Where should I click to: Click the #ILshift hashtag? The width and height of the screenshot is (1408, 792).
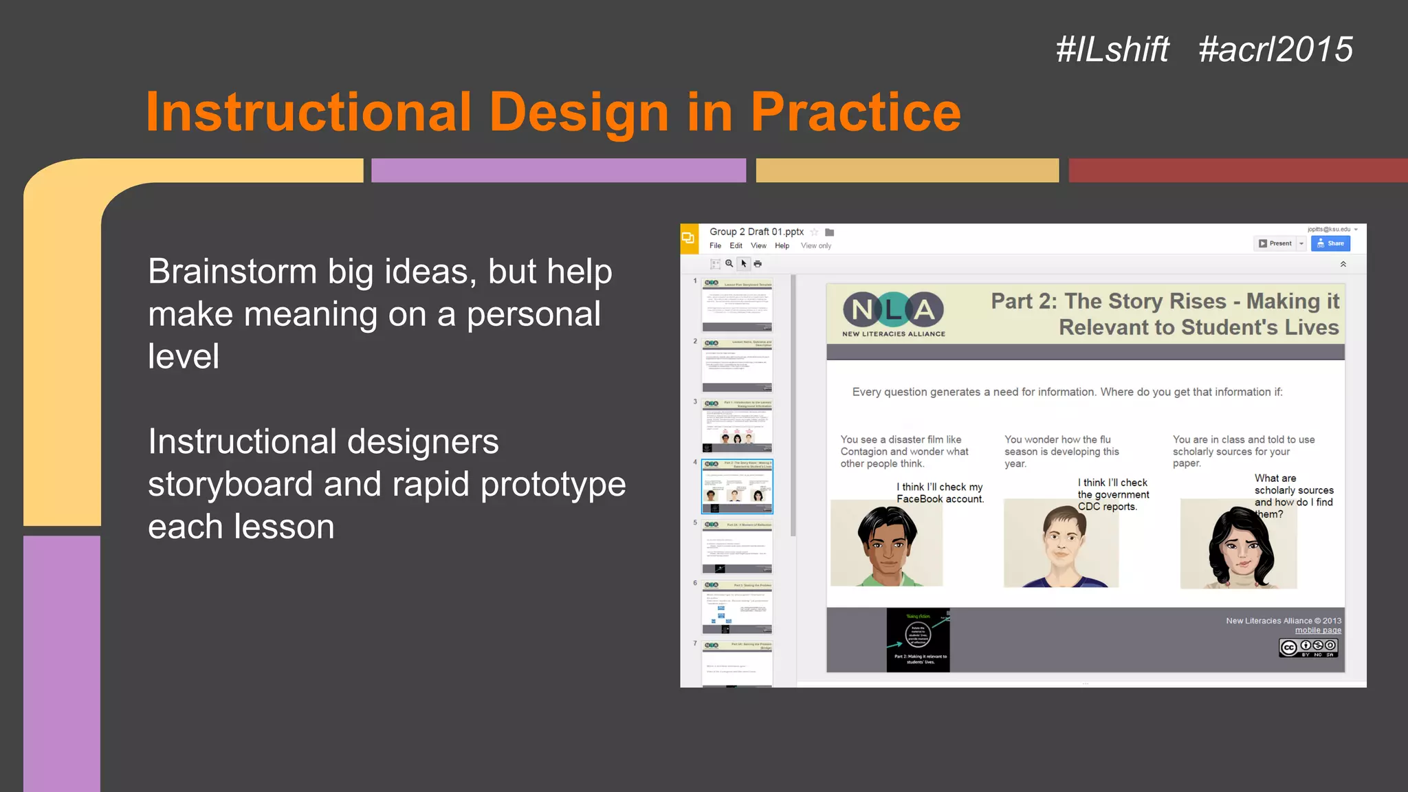coord(1112,49)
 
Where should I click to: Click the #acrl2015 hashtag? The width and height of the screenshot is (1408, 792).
coord(1275,49)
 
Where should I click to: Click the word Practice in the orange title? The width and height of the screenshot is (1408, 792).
coord(855,112)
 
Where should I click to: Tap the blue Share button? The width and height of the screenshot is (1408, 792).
coord(1330,243)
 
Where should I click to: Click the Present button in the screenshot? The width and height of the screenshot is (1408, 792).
coord(1275,243)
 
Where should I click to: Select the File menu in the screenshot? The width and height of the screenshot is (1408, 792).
coord(715,245)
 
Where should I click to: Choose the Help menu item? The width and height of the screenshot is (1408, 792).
coord(782,245)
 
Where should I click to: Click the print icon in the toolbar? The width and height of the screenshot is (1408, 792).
coord(758,264)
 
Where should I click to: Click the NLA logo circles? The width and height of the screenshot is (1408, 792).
coord(893,310)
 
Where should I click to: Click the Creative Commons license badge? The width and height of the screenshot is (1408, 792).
coord(1308,647)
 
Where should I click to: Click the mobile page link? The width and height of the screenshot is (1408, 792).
coord(1318,630)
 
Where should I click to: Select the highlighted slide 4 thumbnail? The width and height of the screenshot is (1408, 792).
coord(737,487)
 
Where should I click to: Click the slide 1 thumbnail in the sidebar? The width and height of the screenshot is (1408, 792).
coord(737,305)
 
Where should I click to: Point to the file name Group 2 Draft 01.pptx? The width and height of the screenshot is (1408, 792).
coord(756,232)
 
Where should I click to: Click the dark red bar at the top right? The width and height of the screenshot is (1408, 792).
coord(1237,170)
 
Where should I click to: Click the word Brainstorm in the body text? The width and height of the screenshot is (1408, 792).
coord(232,272)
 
